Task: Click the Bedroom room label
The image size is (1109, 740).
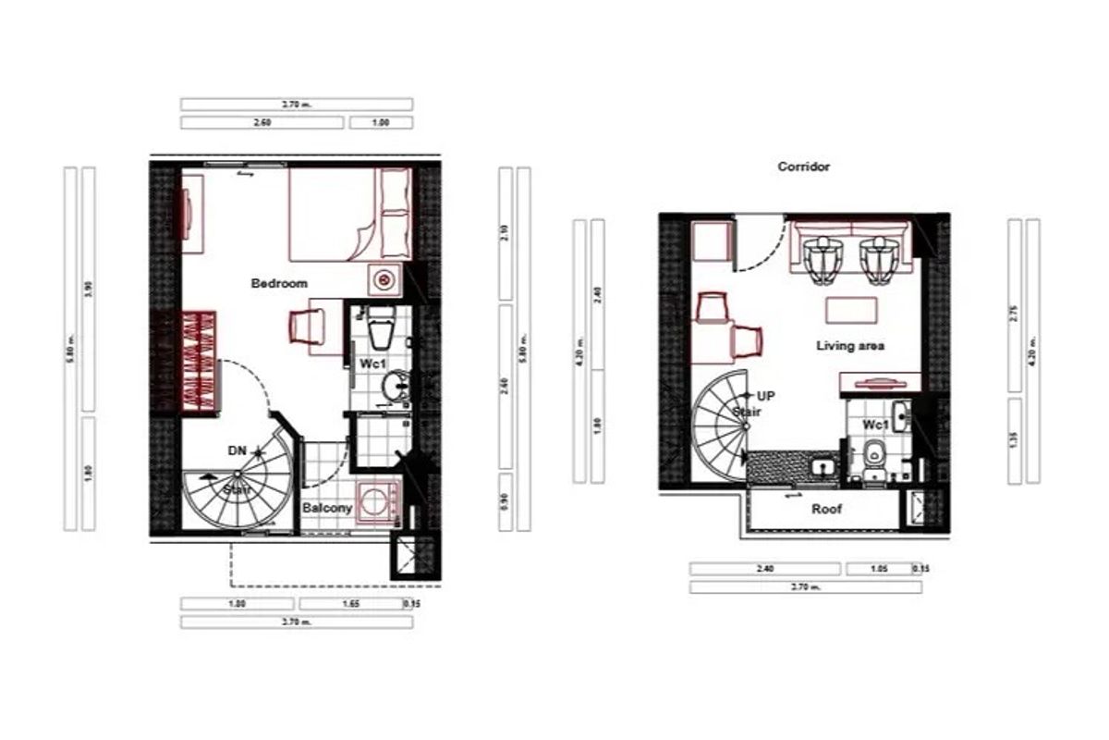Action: click(279, 283)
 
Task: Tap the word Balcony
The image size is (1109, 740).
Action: click(328, 508)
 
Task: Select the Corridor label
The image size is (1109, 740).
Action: click(803, 167)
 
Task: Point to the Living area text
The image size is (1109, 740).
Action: click(850, 346)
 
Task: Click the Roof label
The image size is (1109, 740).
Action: click(826, 509)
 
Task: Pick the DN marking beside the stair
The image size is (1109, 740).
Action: click(237, 450)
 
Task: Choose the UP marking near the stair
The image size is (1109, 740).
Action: click(766, 395)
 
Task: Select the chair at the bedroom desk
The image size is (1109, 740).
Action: click(307, 326)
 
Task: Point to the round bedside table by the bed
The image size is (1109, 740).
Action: click(383, 279)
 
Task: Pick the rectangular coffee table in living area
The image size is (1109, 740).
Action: click(851, 308)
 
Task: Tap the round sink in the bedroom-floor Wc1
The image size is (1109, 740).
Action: click(397, 384)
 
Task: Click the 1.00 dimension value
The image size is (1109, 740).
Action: click(380, 122)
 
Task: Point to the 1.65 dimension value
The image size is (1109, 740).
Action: click(350, 604)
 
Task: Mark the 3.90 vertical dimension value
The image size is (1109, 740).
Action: click(89, 287)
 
